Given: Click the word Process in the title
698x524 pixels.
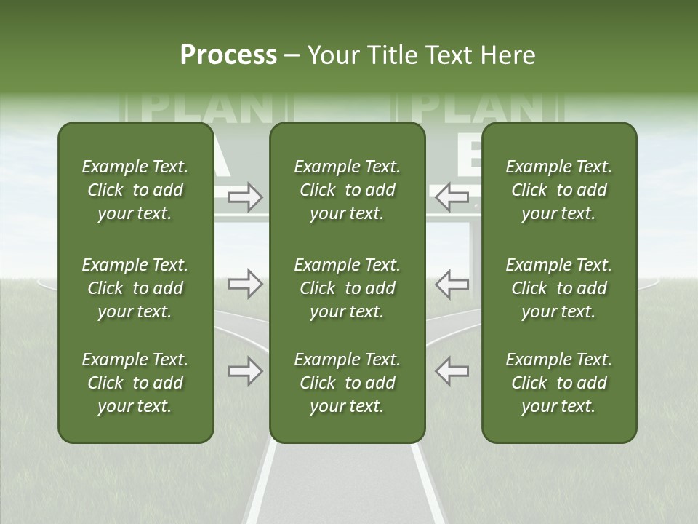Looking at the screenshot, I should click(228, 55).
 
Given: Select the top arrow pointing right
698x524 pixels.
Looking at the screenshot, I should click(246, 197).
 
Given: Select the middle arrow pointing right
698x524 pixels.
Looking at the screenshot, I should click(246, 284).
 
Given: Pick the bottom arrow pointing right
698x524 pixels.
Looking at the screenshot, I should click(246, 370).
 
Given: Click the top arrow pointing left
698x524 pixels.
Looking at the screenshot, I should click(452, 196).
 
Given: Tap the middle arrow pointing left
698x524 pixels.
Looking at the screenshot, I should click(452, 284).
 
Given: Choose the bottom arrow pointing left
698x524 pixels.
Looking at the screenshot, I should click(452, 370).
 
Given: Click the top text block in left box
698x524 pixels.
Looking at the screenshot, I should click(135, 190).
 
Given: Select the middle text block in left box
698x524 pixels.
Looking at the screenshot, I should click(135, 288).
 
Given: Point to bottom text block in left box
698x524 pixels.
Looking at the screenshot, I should click(135, 383).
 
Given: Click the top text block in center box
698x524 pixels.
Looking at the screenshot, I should click(347, 190).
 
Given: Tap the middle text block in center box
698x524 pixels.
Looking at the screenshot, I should click(347, 288).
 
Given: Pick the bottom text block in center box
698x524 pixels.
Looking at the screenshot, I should click(347, 383).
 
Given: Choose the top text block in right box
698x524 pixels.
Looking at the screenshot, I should click(559, 190).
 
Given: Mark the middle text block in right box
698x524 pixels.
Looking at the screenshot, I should click(559, 288).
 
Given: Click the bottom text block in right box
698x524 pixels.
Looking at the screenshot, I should click(559, 383).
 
